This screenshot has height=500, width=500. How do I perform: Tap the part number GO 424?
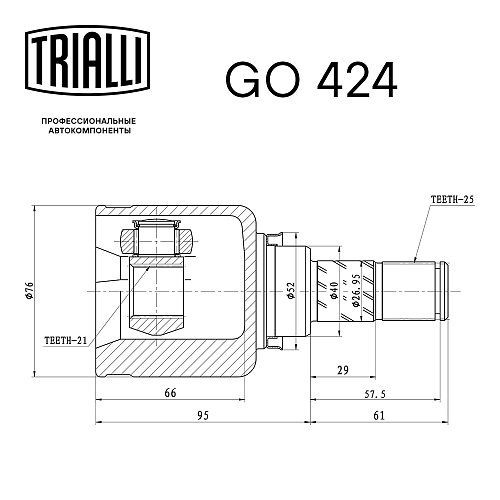tap(311, 80)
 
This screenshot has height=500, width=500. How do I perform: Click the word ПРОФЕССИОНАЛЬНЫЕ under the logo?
tap(89, 121)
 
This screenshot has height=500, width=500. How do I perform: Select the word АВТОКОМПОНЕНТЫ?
tap(89, 131)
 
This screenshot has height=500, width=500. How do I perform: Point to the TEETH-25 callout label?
tap(452, 200)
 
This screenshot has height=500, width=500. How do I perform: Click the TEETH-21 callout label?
tap(66, 340)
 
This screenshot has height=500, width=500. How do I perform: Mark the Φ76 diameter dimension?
tap(30, 291)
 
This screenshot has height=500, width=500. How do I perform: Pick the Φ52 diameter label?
tap(291, 291)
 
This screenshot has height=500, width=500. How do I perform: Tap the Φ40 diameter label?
tap(334, 291)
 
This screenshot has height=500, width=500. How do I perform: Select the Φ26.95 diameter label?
tap(355, 291)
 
